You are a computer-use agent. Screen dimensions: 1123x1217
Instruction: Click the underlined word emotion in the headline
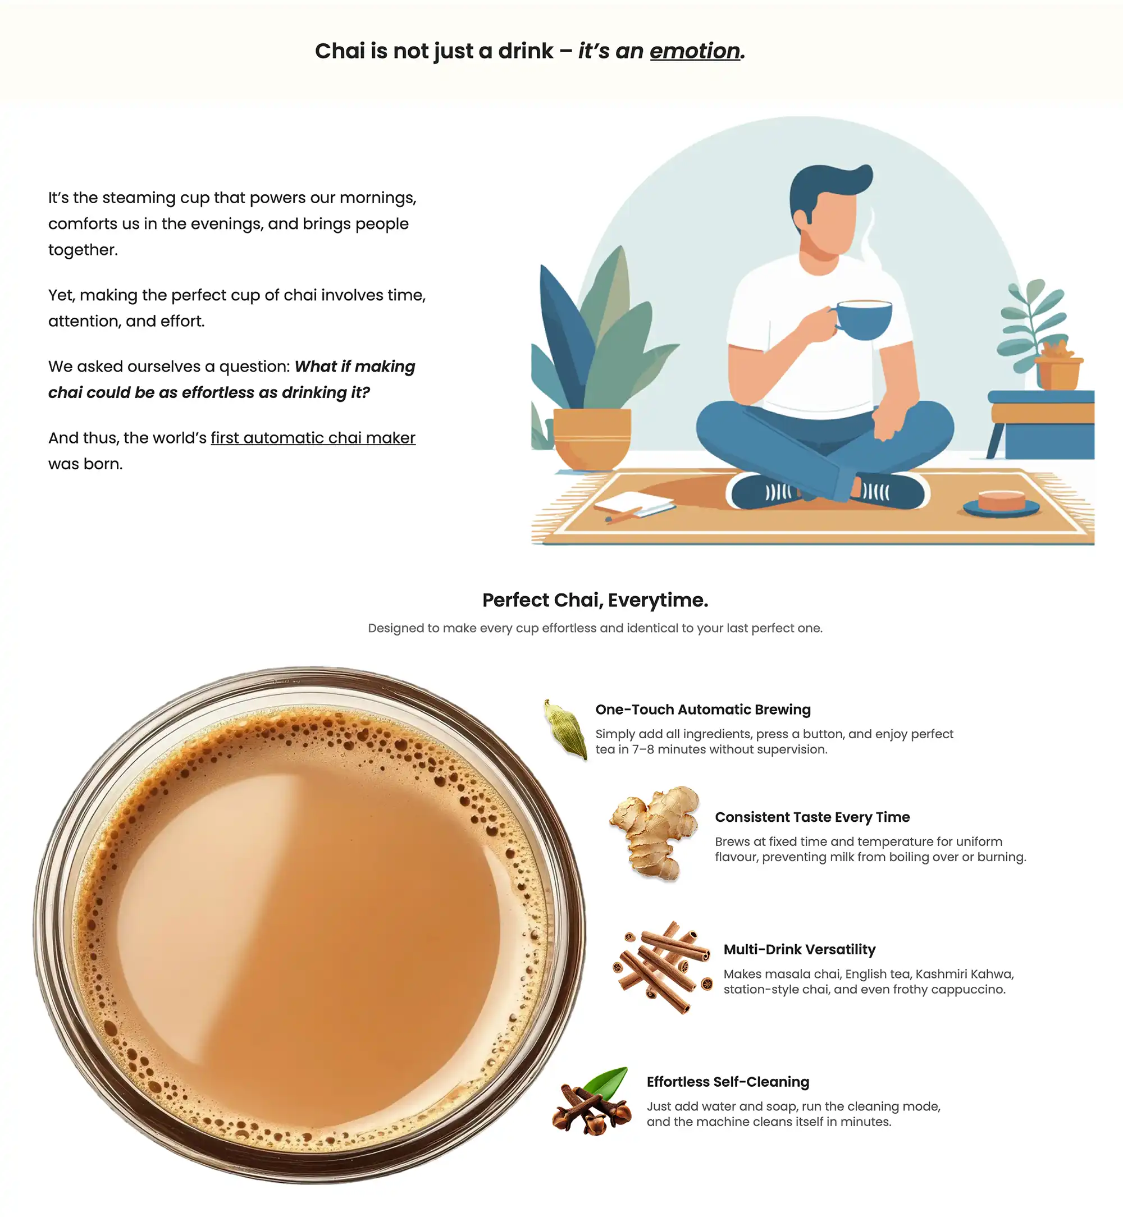695,51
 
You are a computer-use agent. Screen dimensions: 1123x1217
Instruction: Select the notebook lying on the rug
634,505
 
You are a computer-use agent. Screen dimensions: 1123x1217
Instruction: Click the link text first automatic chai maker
313,437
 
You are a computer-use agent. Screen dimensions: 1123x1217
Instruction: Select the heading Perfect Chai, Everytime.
595,600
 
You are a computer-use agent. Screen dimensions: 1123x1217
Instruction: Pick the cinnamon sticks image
663,967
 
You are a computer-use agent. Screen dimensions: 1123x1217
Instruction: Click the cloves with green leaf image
591,1100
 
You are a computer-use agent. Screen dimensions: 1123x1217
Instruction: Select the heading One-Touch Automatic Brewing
703,710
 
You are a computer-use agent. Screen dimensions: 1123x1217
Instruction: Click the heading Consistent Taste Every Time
812,817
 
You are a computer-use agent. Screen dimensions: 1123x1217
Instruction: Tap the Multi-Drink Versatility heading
800,950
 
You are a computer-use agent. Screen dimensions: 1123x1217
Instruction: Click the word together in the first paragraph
83,250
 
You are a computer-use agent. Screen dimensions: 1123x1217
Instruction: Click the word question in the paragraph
254,367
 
